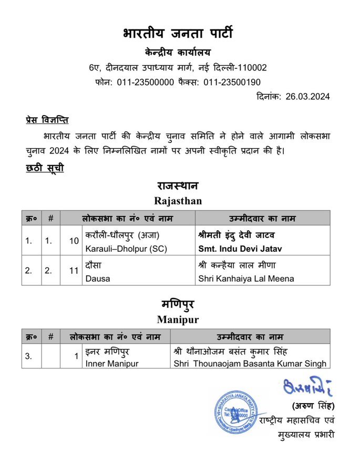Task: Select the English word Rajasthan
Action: coord(178,201)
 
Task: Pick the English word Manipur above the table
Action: coord(178,319)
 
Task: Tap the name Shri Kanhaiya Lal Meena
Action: coord(245,279)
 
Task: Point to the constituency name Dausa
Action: coord(98,279)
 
